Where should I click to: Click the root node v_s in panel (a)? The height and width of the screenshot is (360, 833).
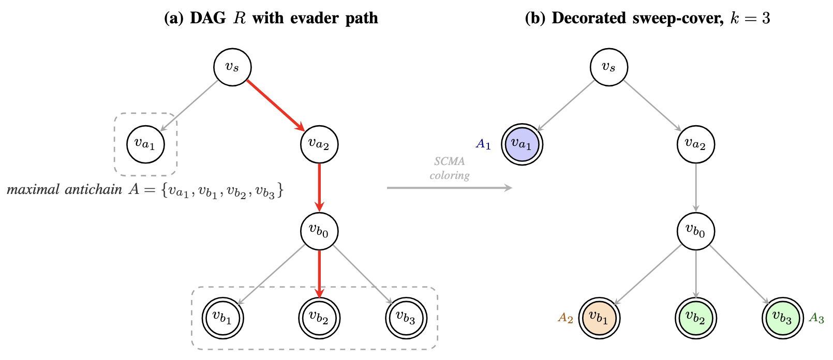click(232, 67)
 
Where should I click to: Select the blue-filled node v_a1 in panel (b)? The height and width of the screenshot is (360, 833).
click(522, 144)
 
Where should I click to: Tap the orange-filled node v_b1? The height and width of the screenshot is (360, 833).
click(599, 317)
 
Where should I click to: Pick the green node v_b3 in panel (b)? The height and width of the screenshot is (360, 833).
click(782, 317)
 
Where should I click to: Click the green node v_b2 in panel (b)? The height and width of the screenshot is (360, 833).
click(695, 317)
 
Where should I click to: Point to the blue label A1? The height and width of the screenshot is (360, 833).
click(483, 144)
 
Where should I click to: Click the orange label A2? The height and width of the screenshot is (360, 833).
click(566, 318)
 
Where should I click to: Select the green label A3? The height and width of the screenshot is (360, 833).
click(816, 318)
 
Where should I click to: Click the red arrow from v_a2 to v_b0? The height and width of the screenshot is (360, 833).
click(319, 186)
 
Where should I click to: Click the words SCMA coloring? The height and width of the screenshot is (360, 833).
click(449, 168)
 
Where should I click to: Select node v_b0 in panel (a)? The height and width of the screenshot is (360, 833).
click(319, 231)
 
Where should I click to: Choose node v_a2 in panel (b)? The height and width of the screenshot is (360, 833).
click(695, 144)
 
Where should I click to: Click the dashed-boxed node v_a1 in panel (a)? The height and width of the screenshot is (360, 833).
click(145, 144)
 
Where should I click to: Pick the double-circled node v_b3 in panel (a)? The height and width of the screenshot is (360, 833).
click(406, 317)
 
